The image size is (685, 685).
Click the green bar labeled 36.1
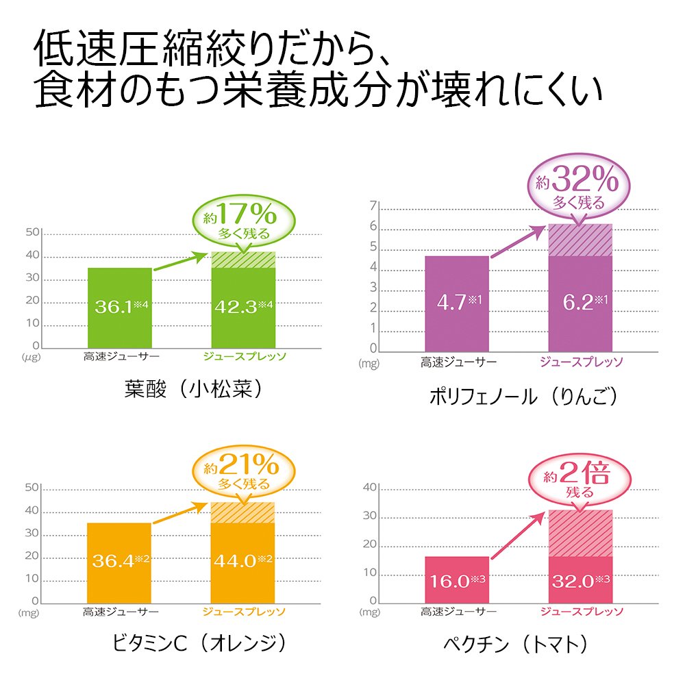pyautogui.click(x=119, y=308)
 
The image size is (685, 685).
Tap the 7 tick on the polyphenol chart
pyautogui.click(x=373, y=206)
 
